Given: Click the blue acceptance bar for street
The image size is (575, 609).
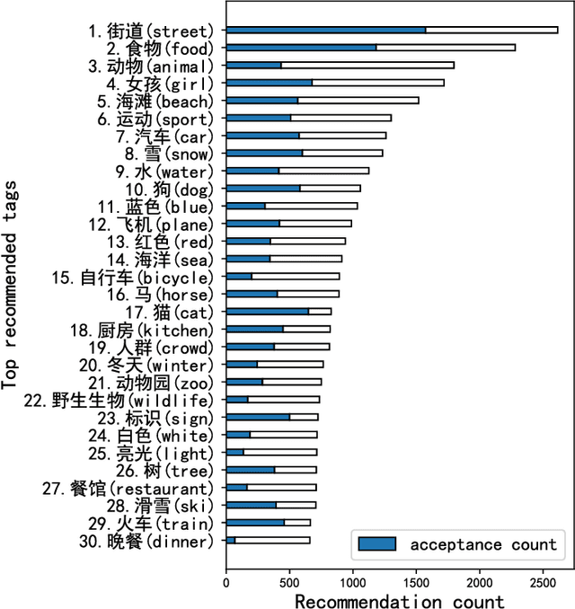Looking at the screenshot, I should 325,30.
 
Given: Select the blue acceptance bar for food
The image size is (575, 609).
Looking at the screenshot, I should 300,47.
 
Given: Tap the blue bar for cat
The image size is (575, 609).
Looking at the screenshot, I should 267,312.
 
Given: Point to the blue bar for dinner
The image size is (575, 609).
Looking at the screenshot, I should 231,541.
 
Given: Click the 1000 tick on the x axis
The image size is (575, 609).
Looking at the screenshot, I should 352,582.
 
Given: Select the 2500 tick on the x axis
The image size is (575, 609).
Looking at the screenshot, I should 543,582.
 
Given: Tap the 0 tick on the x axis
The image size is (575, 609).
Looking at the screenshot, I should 226,582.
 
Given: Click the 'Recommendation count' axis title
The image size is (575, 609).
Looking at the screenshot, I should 399,600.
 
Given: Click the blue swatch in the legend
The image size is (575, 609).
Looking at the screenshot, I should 376,543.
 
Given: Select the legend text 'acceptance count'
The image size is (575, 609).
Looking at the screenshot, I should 483,544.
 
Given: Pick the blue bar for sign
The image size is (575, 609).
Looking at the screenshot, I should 258,417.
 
